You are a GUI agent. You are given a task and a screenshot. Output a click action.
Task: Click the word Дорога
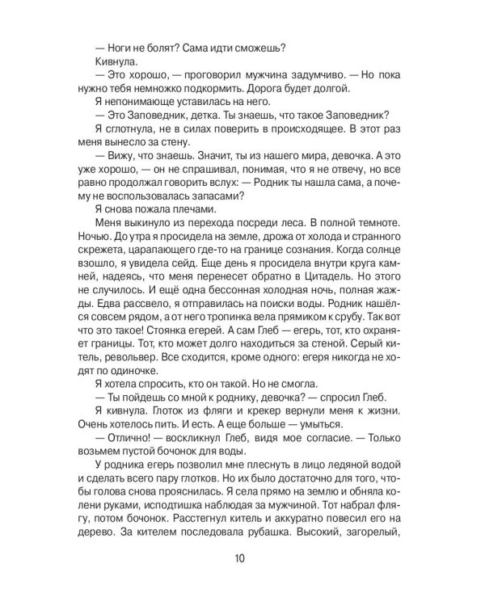pyautogui.click(x=298, y=87)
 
